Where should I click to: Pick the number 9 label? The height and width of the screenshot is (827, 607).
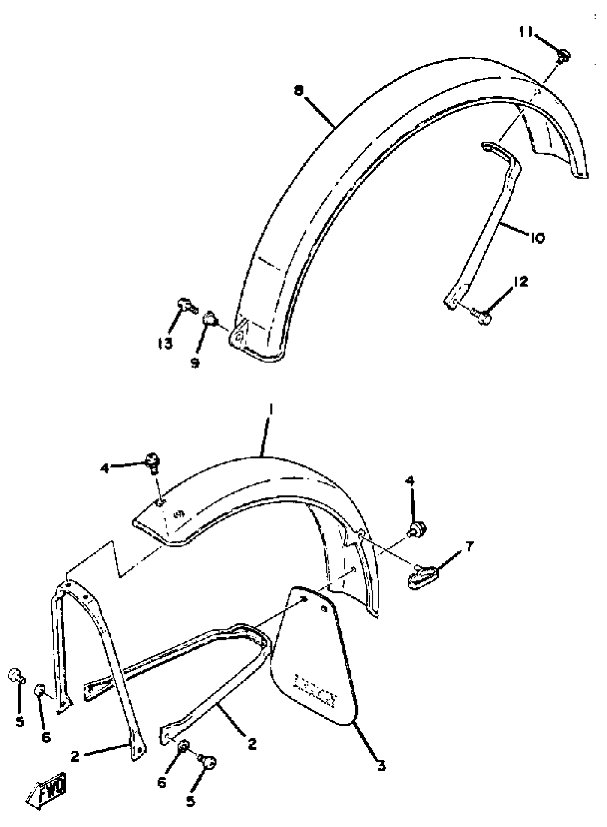[195, 363]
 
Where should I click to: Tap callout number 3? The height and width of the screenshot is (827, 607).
[382, 765]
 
